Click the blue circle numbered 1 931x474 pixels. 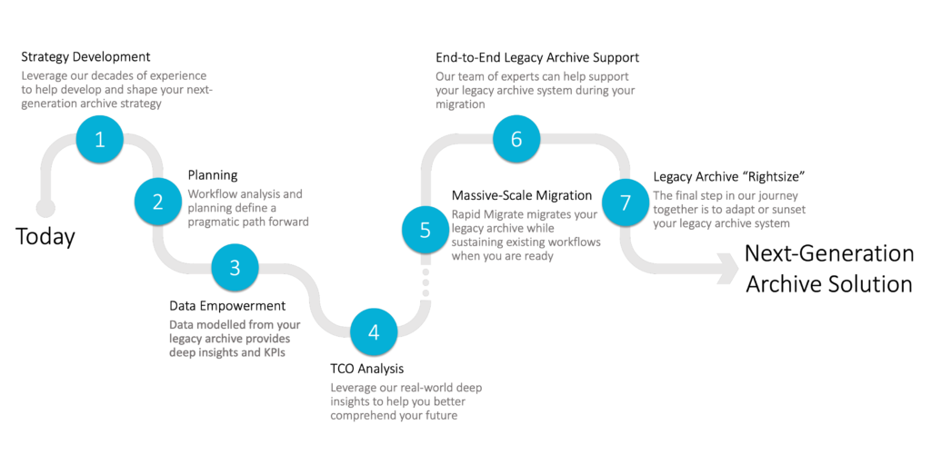coord(99,139)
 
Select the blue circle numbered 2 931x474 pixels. coord(157,201)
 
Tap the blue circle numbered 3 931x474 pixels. coord(235,267)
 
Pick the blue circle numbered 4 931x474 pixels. coord(374,331)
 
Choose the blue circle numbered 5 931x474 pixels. coord(425,230)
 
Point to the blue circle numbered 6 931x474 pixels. coord(516,139)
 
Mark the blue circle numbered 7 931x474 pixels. coord(626,201)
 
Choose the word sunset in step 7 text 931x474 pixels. coord(785,209)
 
